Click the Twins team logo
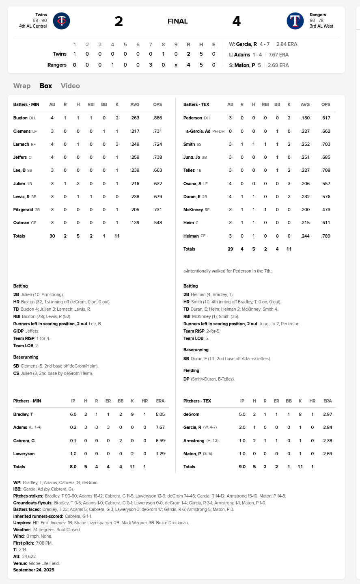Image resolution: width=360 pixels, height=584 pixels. [62, 21]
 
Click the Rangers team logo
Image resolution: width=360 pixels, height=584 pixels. [295, 21]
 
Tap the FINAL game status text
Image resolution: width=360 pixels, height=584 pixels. [177, 21]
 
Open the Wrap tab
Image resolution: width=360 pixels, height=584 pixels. [22, 86]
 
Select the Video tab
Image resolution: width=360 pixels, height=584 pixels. [70, 86]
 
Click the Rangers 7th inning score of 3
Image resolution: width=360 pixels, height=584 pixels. [151, 65]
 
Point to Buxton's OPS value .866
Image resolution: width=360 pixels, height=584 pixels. [157, 118]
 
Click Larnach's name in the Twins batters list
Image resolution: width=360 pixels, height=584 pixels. [21, 144]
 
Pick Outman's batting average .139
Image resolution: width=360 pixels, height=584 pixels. [135, 223]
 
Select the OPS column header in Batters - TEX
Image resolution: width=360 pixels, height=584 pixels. [326, 104]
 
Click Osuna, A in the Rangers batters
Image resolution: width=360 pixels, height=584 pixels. [192, 184]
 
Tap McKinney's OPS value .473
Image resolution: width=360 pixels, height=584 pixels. [326, 210]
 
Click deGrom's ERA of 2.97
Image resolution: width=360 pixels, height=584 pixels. [328, 415]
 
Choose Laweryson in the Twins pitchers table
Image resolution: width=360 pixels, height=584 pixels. [24, 454]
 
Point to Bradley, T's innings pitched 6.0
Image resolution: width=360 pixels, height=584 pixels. [73, 415]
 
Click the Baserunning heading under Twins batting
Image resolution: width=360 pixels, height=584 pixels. [26, 357]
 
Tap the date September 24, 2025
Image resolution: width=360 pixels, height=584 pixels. [34, 570]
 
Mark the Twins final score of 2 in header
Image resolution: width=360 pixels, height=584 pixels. [119, 21]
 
